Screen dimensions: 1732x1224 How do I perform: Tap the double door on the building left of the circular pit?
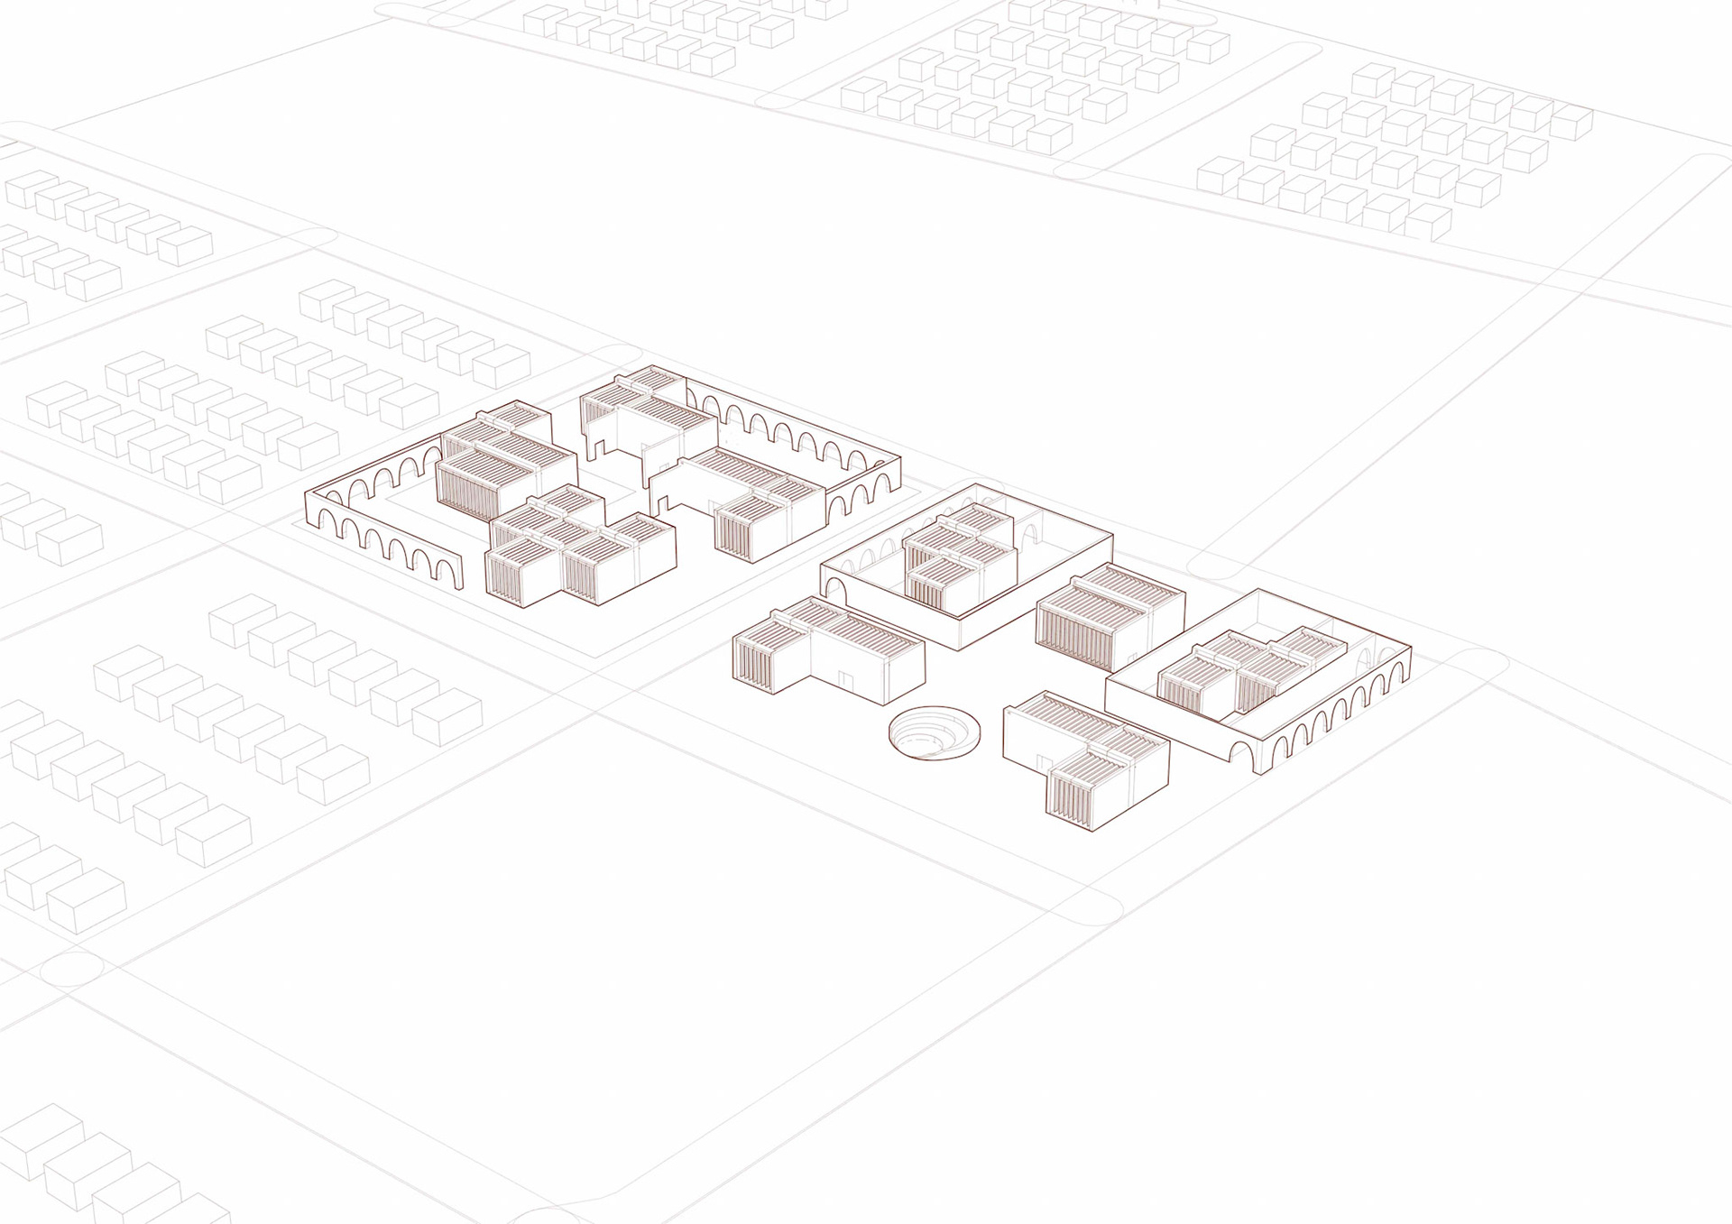point(844,678)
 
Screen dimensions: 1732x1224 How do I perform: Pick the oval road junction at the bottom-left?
point(72,972)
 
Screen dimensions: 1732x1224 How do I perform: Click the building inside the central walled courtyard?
point(961,557)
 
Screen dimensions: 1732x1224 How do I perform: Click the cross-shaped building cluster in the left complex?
point(579,552)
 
